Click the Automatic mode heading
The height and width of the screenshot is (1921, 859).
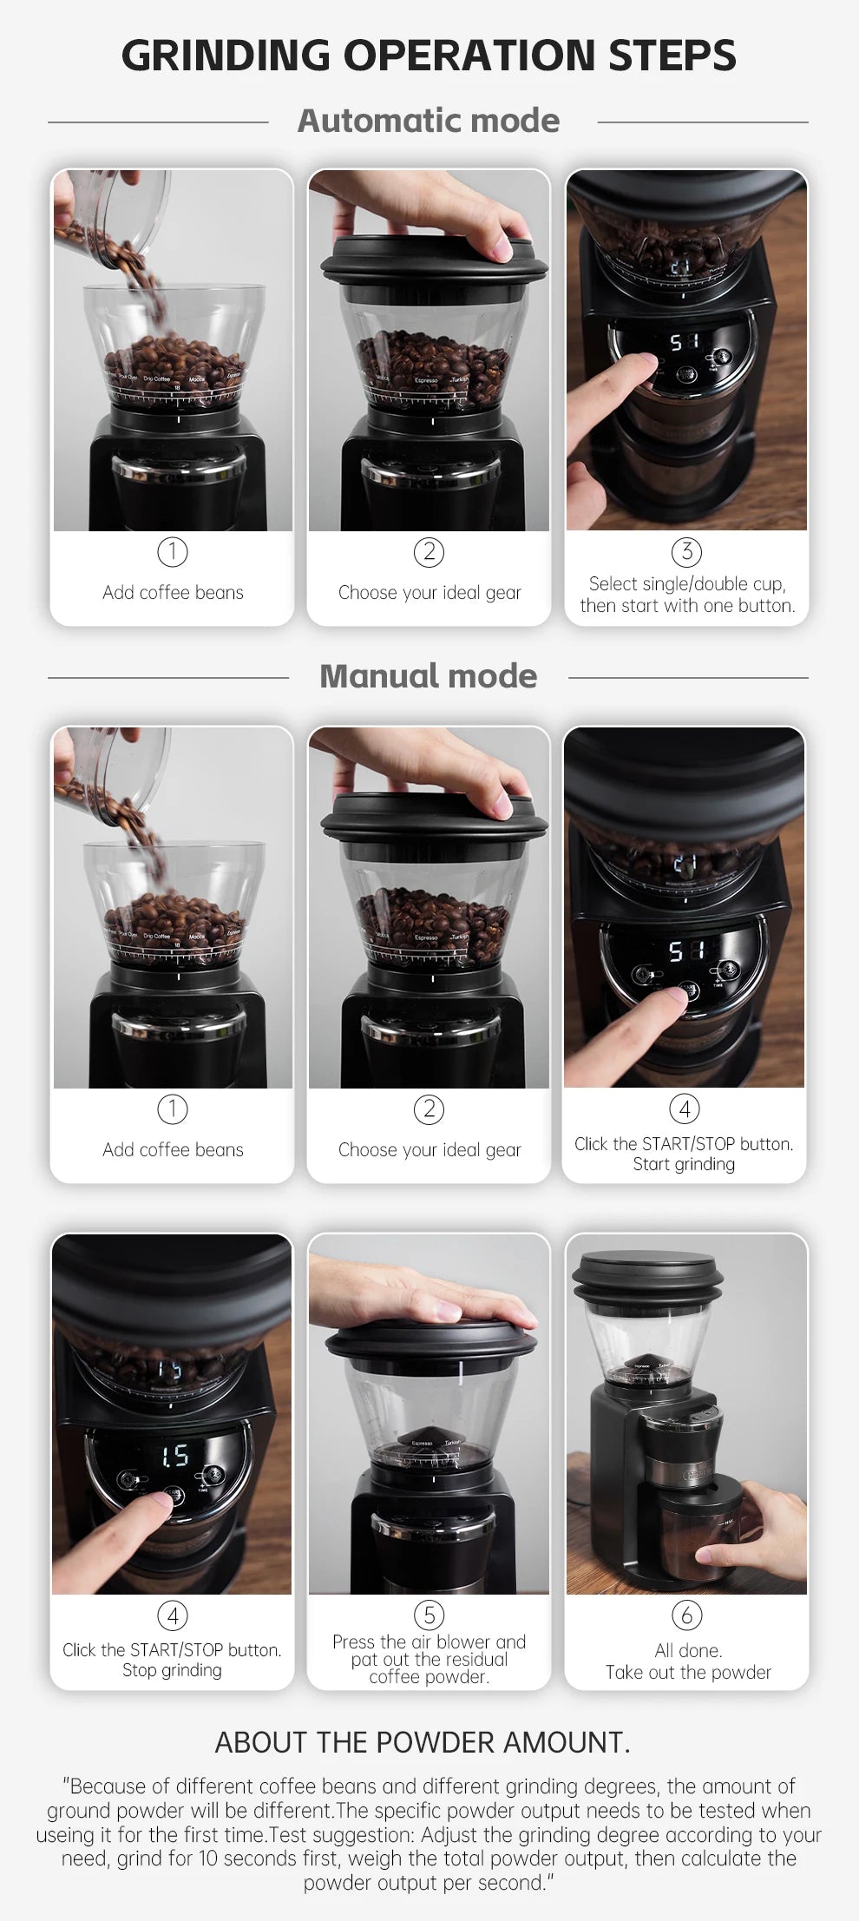[429, 121]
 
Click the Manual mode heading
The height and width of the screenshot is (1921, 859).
[429, 676]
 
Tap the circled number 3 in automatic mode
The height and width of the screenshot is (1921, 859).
[686, 551]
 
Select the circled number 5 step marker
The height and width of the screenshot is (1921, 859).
[429, 1615]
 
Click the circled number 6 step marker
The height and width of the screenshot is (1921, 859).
[686, 1615]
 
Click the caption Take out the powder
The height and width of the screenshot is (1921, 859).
[688, 1672]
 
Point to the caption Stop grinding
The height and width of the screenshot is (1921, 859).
[172, 1670]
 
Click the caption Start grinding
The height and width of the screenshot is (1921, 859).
[684, 1164]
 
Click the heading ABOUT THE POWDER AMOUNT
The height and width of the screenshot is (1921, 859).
[423, 1742]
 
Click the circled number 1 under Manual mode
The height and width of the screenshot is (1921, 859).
[172, 1109]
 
